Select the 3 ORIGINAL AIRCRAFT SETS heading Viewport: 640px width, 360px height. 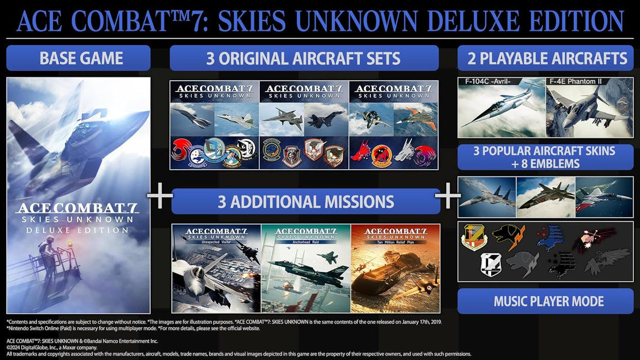pos(304,58)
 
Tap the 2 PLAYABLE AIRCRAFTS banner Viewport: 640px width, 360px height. pos(545,58)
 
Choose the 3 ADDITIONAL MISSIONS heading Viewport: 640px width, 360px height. pos(306,201)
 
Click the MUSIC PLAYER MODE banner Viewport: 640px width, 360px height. pos(545,301)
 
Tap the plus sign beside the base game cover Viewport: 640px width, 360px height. pos(160,196)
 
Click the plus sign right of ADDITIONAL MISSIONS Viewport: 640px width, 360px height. pos(448,196)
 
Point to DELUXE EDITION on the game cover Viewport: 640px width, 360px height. pos(78,230)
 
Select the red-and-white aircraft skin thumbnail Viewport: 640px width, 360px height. pos(604,197)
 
